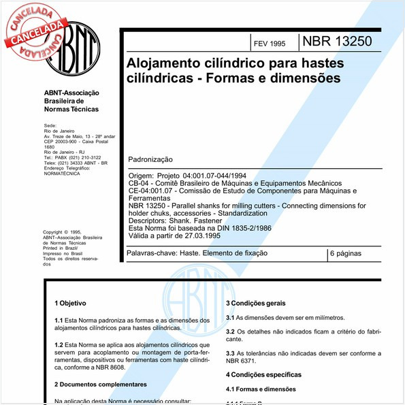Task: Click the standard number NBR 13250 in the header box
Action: [337, 42]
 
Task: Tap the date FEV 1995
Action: [270, 44]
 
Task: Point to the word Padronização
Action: [150, 160]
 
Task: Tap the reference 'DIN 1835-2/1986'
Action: [238, 228]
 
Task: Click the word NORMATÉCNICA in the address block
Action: [61, 174]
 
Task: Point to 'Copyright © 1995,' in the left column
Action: [62, 232]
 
